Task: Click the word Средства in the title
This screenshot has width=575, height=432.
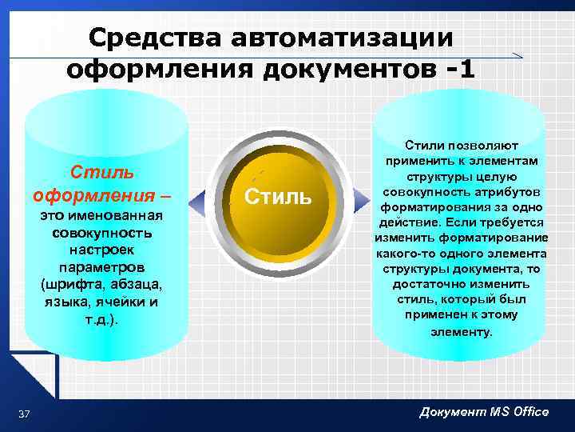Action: (x=153, y=37)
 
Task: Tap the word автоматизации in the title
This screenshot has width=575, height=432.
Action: (x=339, y=37)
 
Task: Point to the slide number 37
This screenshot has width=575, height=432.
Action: (x=24, y=413)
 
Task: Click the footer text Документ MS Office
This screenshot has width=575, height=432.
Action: (x=484, y=411)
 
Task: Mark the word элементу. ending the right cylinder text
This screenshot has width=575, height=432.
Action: (x=462, y=330)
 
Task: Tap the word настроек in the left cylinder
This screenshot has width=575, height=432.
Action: (x=101, y=250)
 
